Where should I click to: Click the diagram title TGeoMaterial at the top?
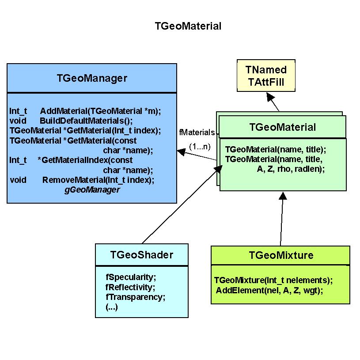pos(188,26)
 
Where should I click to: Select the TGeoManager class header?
pos(92,78)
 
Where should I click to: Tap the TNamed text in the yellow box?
pos(266,70)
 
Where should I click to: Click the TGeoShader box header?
pos(141,254)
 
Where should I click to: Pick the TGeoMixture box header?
pos(281,255)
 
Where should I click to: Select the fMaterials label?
pos(197,132)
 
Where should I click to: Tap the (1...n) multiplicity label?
pos(199,145)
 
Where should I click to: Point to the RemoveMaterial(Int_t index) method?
pos(98,180)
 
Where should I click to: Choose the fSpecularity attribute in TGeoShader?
pos(131,277)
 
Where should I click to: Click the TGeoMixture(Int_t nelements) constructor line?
pos(273,280)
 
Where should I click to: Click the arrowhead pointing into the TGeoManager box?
pos(181,152)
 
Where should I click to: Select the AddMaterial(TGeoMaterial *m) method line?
pos(100,111)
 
